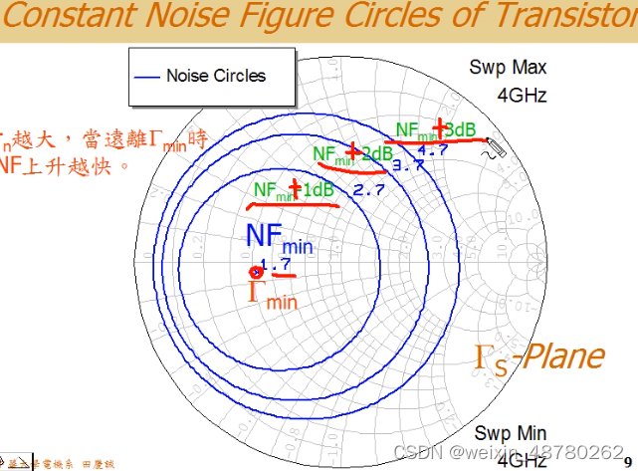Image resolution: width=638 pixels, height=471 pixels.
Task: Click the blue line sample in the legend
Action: pos(146,77)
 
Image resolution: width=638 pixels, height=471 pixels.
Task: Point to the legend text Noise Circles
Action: pos(216,76)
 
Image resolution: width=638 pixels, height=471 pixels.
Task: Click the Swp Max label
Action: pos(508,68)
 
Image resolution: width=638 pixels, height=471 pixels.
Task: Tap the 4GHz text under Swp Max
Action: pos(522,96)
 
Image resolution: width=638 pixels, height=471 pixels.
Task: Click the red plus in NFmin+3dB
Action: pos(438,128)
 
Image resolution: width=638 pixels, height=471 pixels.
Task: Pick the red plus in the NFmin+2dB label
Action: pos(352,152)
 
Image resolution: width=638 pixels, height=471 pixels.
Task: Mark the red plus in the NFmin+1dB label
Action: pos(295,188)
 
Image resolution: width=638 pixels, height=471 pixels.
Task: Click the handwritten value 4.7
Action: pos(432,150)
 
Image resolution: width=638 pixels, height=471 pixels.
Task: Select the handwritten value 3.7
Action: pos(408,166)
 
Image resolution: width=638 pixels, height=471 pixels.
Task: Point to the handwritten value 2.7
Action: pos(368,189)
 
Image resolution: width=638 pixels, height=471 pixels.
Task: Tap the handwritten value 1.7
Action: pos(275,264)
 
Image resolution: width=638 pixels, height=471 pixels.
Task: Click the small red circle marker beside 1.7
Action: pos(254,272)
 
